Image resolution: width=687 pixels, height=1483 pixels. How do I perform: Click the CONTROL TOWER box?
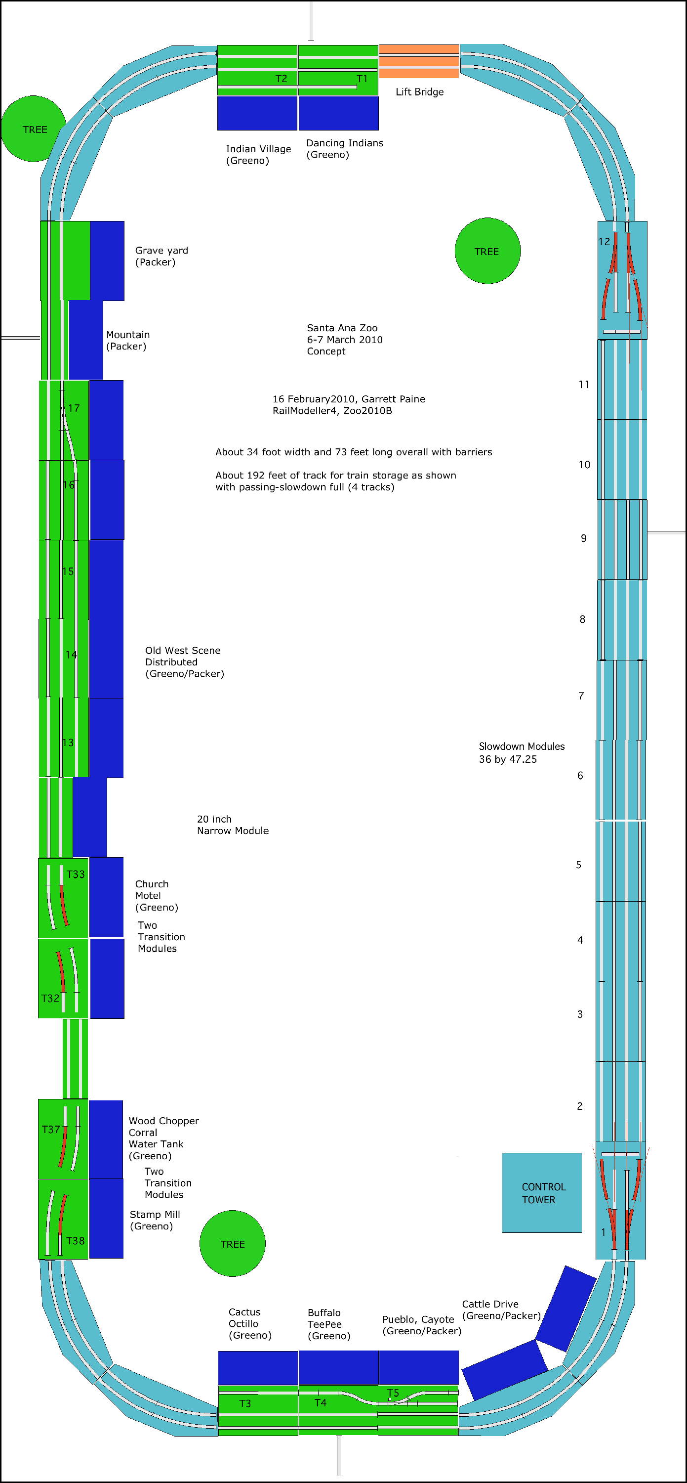(x=541, y=1192)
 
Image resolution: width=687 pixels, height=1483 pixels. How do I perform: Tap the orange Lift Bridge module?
(x=419, y=61)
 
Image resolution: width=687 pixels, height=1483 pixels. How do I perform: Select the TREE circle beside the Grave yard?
(x=34, y=129)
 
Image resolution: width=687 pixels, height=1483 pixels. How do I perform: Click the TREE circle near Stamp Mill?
(x=233, y=1244)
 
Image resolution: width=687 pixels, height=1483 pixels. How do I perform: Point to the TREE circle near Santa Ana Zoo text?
(x=487, y=251)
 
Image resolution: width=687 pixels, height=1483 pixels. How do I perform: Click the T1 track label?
(x=362, y=78)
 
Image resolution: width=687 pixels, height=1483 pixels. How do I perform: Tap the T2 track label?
(x=281, y=78)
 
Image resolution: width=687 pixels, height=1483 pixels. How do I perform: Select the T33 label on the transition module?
(x=76, y=874)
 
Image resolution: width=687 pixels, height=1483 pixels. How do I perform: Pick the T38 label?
(x=76, y=1241)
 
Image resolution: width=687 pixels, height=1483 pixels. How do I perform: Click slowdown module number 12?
(x=604, y=241)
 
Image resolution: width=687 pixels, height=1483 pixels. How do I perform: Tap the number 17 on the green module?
(x=74, y=408)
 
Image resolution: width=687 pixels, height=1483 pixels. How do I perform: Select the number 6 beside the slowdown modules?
(x=580, y=775)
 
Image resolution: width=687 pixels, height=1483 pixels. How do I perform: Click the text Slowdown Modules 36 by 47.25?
(x=521, y=752)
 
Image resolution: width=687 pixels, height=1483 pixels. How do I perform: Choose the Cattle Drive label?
(x=501, y=1309)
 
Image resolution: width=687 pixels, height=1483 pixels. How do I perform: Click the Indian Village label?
(x=258, y=154)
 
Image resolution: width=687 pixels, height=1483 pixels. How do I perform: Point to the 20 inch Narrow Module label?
(x=233, y=825)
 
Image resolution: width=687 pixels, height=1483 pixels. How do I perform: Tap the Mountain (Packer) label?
(x=127, y=340)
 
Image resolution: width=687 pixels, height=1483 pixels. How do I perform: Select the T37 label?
(x=51, y=1129)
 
